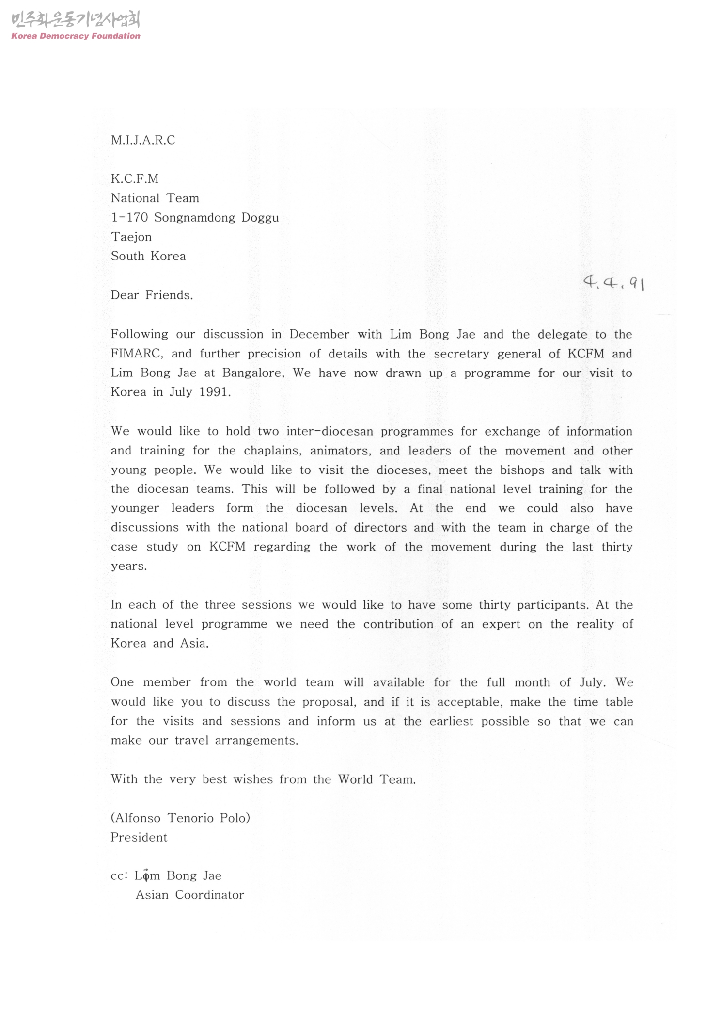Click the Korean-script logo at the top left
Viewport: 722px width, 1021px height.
click(76, 20)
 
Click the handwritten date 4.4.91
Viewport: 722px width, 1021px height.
click(613, 282)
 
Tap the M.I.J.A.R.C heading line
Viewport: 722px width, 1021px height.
click(143, 141)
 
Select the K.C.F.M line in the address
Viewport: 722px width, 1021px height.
click(135, 179)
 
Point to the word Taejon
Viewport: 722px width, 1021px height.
click(131, 237)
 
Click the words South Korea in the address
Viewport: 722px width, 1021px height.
click(148, 257)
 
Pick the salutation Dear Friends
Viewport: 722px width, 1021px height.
click(152, 295)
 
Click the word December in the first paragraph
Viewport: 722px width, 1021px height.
click(319, 335)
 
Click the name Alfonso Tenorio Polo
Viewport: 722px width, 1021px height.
click(180, 818)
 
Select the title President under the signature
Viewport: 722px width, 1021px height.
click(139, 838)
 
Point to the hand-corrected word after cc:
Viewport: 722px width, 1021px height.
click(147, 876)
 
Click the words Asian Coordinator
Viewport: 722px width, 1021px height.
click(189, 895)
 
